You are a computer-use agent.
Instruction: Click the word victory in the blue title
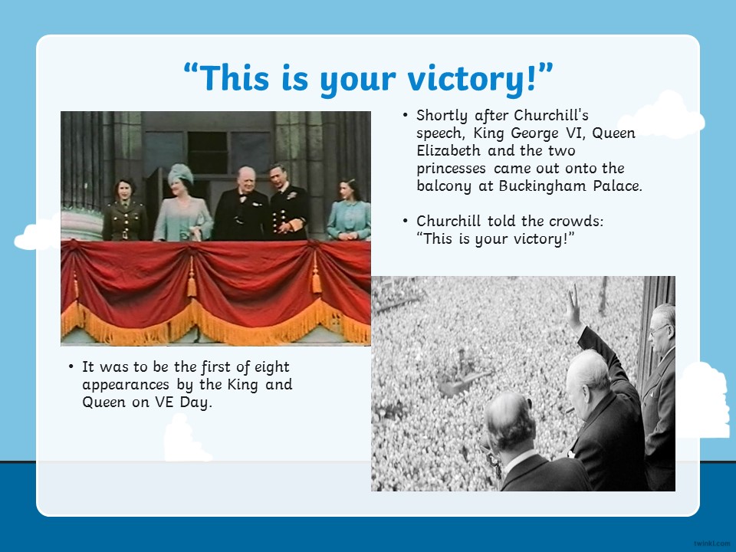point(472,78)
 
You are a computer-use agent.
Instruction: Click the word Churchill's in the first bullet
point(551,115)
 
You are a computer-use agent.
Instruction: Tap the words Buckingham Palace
point(570,186)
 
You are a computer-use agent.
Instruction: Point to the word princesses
point(451,169)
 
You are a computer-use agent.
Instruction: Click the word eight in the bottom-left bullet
point(271,367)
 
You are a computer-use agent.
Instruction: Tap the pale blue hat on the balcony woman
point(181,173)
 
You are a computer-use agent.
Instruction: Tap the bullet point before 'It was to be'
point(71,366)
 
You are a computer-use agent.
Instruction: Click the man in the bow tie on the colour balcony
point(242,204)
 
